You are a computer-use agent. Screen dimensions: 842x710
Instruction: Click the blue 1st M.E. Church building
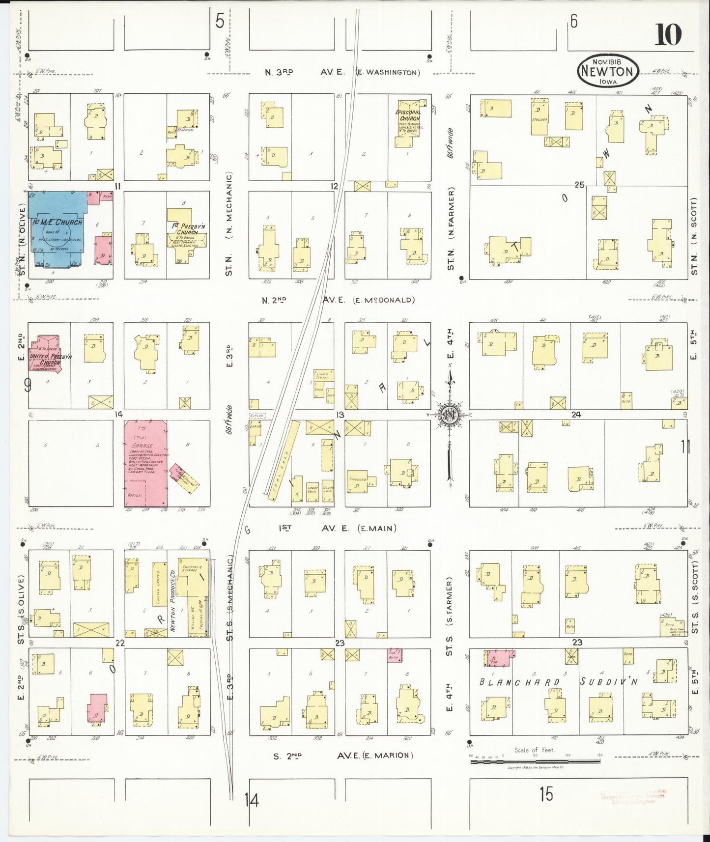pyautogui.click(x=59, y=228)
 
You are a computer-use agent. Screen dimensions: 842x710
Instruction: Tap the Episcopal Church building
pyautogui.click(x=409, y=123)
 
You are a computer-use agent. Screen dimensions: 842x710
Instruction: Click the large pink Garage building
pyautogui.click(x=145, y=463)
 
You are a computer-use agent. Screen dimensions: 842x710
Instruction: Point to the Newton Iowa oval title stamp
pyautogui.click(x=608, y=71)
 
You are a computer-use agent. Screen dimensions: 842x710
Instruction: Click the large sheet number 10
pyautogui.click(x=668, y=34)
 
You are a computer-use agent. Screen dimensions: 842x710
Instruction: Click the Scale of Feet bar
pyautogui.click(x=535, y=761)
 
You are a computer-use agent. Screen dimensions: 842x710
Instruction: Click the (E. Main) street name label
pyautogui.click(x=377, y=529)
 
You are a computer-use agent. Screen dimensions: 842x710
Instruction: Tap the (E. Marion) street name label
pyautogui.click(x=388, y=755)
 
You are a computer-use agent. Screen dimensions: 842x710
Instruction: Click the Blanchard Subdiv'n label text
pyautogui.click(x=558, y=682)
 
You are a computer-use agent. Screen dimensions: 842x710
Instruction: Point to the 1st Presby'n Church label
pyautogui.click(x=188, y=229)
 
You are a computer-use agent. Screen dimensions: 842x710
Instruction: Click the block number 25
pyautogui.click(x=579, y=185)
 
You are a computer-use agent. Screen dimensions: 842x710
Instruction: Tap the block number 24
pyautogui.click(x=576, y=415)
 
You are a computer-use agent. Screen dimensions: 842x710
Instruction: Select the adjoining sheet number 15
pyautogui.click(x=546, y=794)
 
